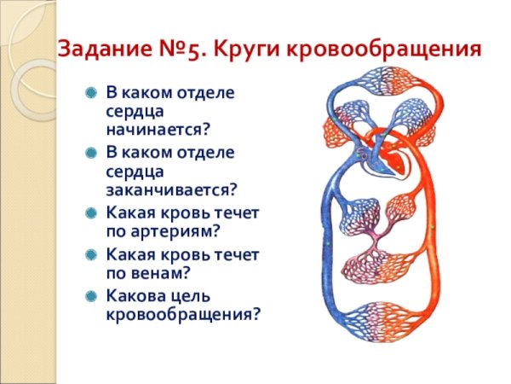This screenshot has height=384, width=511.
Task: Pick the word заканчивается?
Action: [x=170, y=189]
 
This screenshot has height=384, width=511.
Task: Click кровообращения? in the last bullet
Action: [x=182, y=314]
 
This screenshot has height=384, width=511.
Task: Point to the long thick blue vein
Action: [x=327, y=247]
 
